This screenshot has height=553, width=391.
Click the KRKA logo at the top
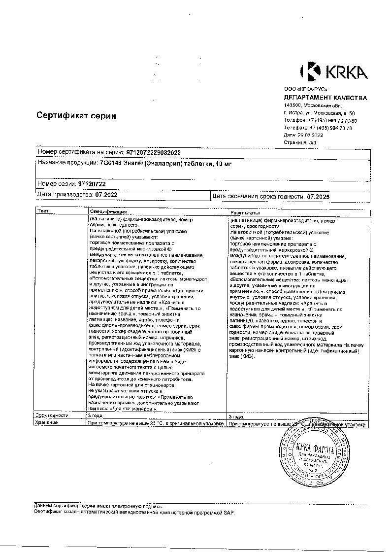[334, 71]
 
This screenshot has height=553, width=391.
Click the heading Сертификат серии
[76, 116]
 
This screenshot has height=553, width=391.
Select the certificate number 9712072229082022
[154, 153]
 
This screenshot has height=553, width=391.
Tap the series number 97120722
[92, 184]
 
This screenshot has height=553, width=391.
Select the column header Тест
[43, 211]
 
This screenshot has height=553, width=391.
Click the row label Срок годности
[52, 415]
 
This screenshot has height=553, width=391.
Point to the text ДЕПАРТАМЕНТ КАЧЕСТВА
[326, 98]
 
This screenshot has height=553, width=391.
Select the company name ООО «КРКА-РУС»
[306, 89]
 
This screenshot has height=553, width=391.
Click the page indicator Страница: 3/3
[300, 141]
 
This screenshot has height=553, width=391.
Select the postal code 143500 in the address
[293, 105]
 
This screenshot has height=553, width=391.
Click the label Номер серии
[56, 184]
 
